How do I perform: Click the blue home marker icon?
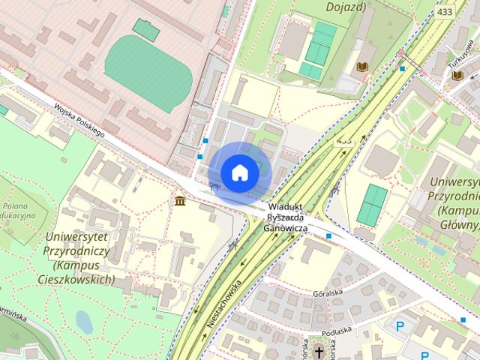click(x=239, y=172)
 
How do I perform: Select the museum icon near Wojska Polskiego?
click(x=180, y=201)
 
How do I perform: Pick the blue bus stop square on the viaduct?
click(x=329, y=236)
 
